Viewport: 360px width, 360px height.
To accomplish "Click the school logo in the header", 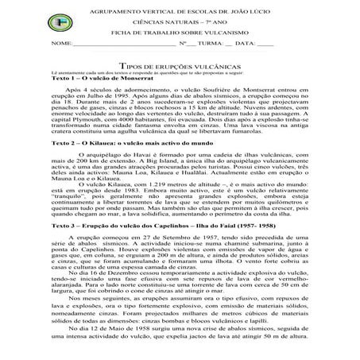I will pos(21,17).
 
